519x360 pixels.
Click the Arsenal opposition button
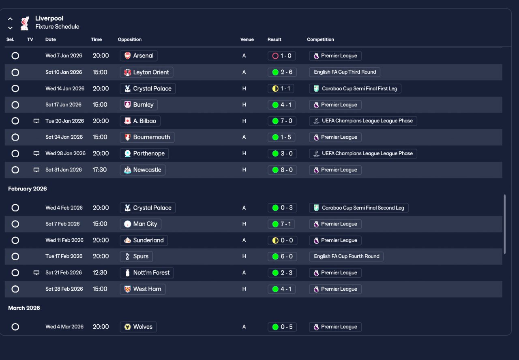[139, 56]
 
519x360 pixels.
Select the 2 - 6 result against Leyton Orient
[282, 72]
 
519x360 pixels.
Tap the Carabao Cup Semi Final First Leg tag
[355, 88]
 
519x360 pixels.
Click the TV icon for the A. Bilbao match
[36, 121]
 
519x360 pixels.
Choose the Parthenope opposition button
[144, 154]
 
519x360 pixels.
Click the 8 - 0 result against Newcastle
[282, 170]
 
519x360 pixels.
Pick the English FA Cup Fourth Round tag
[346, 256]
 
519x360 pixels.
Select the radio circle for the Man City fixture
[15, 224]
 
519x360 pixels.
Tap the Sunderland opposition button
[144, 240]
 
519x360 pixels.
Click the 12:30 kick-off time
[100, 273]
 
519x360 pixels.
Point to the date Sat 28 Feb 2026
[64, 289]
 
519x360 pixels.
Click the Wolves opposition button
[138, 327]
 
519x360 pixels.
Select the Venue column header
[247, 40]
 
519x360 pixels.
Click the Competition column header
[320, 40]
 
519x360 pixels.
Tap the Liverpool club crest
[25, 23]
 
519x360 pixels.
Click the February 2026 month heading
[28, 189]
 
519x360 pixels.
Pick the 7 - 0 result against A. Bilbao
[282, 121]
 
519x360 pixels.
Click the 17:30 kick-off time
[100, 170]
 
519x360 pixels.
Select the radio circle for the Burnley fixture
[15, 105]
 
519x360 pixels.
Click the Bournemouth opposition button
[147, 137]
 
